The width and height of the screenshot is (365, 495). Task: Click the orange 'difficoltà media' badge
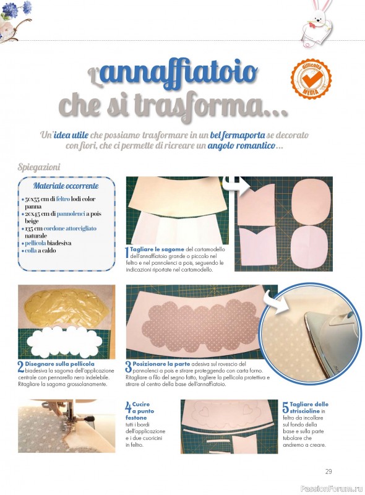311,79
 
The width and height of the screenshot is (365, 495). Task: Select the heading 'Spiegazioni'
39,167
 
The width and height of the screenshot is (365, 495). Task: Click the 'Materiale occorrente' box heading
66,186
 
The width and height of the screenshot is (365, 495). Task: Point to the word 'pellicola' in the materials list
35,243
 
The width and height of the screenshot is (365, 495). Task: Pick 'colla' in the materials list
31,251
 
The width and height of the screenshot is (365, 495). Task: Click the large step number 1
127,252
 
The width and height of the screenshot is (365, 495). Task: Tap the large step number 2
21,367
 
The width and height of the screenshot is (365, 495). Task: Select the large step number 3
129,367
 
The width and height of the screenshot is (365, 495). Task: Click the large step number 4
129,407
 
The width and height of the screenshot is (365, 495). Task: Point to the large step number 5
285,407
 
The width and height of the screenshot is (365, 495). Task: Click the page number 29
328,471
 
